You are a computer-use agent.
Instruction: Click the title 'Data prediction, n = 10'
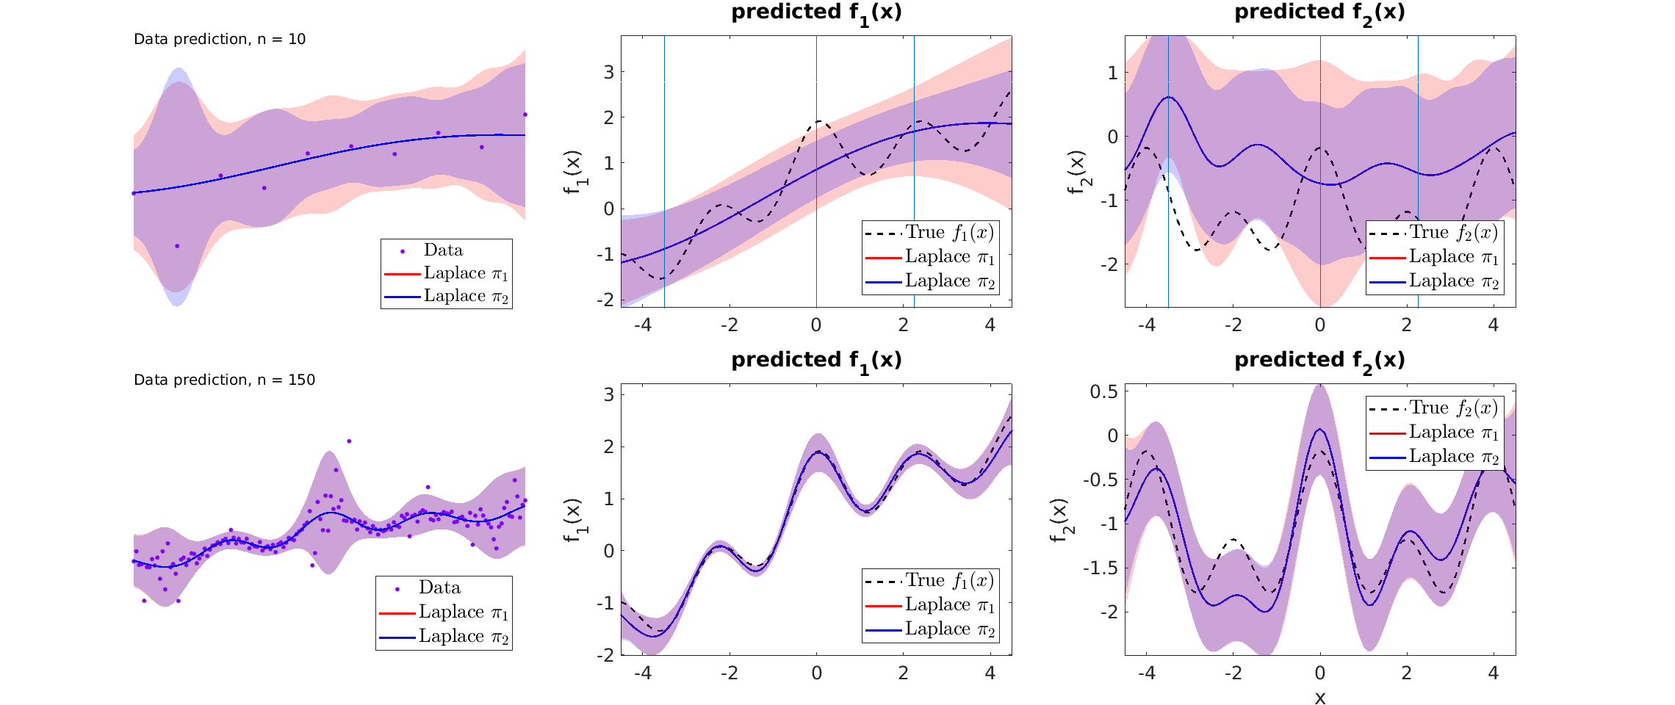[x=219, y=39]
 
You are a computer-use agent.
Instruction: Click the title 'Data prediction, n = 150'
[x=224, y=380]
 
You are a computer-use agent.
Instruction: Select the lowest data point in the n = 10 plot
[x=177, y=246]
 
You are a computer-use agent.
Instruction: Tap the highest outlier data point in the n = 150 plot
[x=349, y=441]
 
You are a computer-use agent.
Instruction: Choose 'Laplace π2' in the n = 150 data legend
[x=463, y=637]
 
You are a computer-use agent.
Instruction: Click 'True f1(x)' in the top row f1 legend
[x=949, y=233]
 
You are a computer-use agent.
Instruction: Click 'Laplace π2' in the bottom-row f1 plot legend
[x=949, y=629]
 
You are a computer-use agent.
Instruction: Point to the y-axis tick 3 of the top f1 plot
[x=608, y=72]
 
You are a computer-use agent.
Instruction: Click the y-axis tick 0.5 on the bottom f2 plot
[x=1103, y=391]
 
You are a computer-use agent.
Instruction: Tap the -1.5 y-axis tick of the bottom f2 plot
[x=1101, y=568]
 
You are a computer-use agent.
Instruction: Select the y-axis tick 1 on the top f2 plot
[x=1113, y=73]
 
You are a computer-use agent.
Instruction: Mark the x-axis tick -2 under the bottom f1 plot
[x=729, y=673]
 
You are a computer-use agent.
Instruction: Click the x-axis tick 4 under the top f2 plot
[x=1494, y=325]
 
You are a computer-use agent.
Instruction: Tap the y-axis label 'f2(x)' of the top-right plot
[x=1077, y=173]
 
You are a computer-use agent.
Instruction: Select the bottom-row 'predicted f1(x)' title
[x=816, y=360]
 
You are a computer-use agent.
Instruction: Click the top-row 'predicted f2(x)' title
[x=1319, y=12]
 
